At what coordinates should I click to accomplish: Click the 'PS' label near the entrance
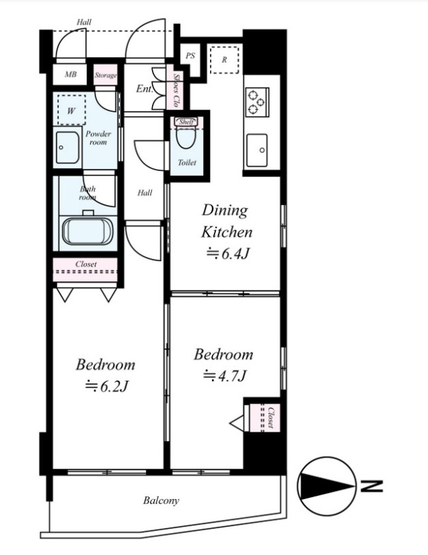(190, 56)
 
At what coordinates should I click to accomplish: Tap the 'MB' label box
(70, 74)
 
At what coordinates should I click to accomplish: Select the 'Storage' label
(105, 75)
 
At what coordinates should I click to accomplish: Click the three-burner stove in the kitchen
(257, 101)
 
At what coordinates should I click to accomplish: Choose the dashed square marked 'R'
(224, 60)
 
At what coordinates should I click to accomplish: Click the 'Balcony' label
(161, 501)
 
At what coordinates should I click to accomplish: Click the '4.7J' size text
(224, 375)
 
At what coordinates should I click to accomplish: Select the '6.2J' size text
(107, 385)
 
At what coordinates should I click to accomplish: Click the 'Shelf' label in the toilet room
(185, 122)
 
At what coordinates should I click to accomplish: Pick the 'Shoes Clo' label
(176, 91)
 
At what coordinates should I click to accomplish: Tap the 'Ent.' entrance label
(144, 89)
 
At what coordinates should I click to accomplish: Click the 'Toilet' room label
(187, 163)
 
